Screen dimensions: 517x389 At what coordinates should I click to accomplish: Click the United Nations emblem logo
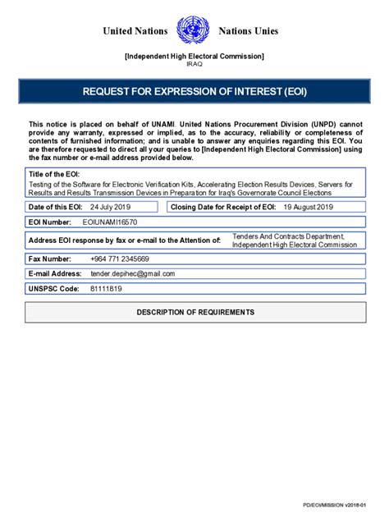(x=194, y=31)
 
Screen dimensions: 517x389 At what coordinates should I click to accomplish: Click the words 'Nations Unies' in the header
(x=249, y=31)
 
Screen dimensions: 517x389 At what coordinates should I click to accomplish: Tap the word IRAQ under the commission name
(x=194, y=64)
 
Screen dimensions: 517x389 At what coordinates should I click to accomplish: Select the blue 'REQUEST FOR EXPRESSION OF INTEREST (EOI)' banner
(x=194, y=91)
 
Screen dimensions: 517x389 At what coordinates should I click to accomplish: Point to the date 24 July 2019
(x=110, y=207)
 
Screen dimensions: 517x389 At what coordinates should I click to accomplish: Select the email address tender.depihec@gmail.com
(x=133, y=273)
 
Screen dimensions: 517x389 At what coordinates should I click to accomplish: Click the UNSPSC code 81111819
(x=106, y=289)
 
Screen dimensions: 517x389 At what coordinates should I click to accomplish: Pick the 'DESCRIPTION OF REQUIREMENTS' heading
(x=194, y=313)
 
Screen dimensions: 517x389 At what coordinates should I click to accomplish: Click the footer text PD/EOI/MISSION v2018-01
(x=332, y=505)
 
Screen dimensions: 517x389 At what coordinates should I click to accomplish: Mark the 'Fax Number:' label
(x=51, y=258)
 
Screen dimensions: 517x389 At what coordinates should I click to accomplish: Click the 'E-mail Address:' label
(x=55, y=273)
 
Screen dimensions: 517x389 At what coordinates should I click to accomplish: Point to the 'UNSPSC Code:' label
(x=53, y=289)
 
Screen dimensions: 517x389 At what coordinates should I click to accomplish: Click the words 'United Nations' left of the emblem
(x=135, y=31)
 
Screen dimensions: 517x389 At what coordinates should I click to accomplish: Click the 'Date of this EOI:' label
(x=58, y=207)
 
